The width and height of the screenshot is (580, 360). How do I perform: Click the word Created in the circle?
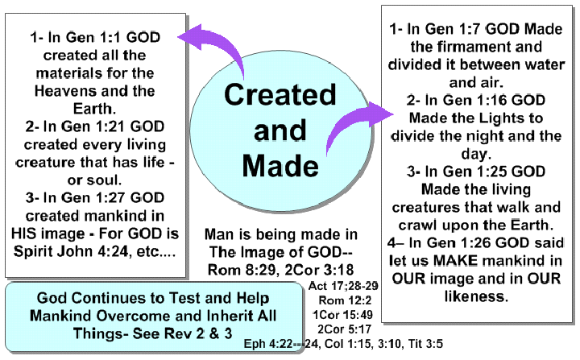[x=280, y=95]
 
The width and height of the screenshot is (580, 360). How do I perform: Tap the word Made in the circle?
[x=280, y=166]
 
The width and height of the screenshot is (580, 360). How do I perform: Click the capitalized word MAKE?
[x=456, y=260]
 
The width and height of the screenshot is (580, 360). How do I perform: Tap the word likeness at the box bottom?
[x=476, y=296]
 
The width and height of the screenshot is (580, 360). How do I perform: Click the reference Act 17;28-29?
[x=343, y=286]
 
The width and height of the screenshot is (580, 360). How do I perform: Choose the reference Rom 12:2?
[x=345, y=300]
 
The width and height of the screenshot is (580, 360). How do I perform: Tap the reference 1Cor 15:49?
[x=342, y=315]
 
